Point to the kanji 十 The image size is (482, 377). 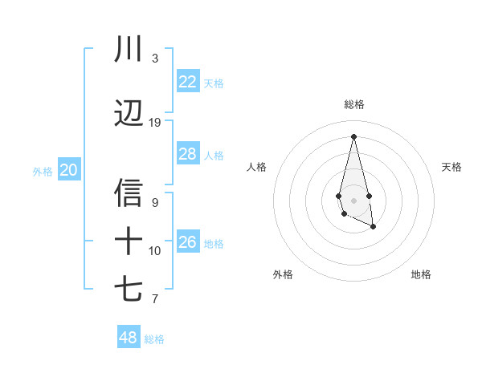tap(129, 241)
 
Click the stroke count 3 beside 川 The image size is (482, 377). tap(155, 59)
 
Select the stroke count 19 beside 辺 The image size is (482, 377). tap(155, 123)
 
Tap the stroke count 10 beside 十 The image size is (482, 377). tap(155, 251)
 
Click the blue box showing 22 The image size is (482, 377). tap(187, 82)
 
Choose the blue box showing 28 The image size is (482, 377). tap(187, 154)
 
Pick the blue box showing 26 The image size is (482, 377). tap(187, 242)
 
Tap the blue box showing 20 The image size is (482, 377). tap(69, 170)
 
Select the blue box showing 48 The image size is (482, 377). tap(128, 338)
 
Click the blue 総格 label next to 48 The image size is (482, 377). tap(154, 339)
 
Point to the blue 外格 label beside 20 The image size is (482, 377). tap(43, 172)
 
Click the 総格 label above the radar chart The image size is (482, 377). tap(354, 104)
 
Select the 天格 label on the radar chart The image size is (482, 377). tap(452, 167)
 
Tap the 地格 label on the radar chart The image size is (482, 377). tap(421, 274)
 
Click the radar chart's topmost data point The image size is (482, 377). tap(353, 136)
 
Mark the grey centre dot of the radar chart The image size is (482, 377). tap(353, 200)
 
